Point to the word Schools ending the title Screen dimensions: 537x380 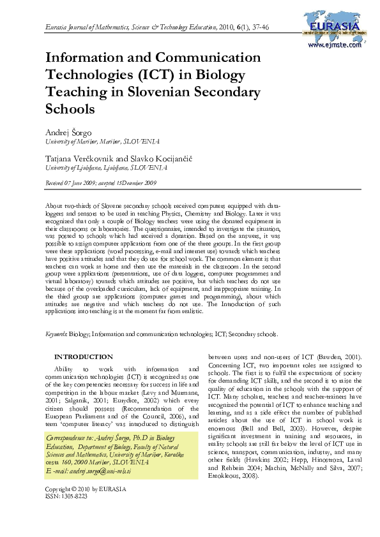(x=70, y=108)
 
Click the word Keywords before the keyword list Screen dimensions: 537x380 (x=56, y=334)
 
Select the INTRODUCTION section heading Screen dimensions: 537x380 (x=84, y=357)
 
